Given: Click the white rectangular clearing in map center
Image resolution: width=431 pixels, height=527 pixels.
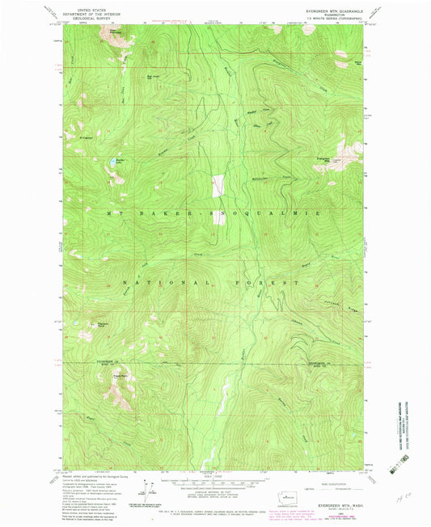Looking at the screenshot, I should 216,187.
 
